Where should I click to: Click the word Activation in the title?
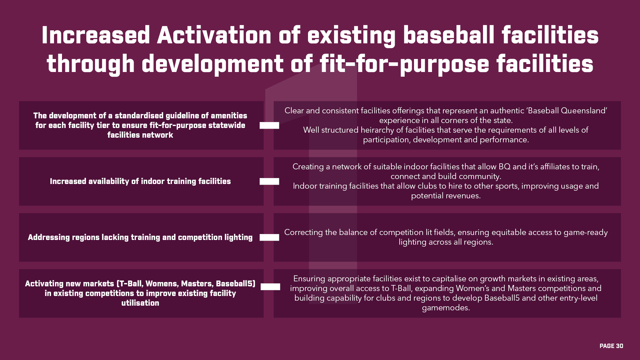pos(214,35)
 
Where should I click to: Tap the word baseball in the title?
pos(449,35)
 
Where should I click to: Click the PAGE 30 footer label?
pos(611,346)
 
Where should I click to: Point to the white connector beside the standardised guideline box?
pos(269,125)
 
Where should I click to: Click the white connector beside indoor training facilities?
pos(269,181)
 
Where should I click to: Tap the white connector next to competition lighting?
pos(269,237)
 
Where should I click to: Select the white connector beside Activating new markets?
pos(270,287)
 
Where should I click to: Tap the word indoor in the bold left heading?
pos(153,181)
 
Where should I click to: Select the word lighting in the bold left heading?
pos(238,237)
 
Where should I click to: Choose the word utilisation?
pos(140,303)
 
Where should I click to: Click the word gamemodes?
pos(446,308)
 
